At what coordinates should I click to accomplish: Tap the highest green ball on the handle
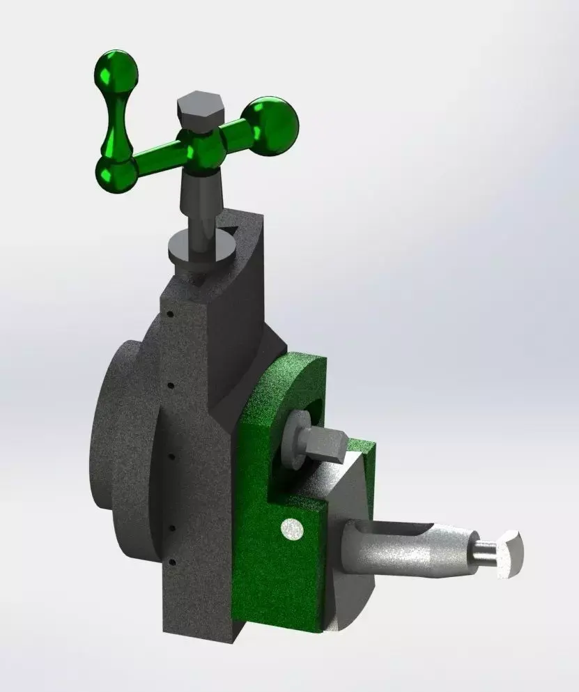[x=116, y=69]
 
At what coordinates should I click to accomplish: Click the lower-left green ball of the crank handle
[x=116, y=172]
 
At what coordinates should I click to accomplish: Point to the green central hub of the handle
[x=202, y=150]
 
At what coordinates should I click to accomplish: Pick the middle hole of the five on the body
[x=171, y=456]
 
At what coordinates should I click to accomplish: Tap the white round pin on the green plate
[x=291, y=530]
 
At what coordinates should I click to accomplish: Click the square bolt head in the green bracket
[x=324, y=445]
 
